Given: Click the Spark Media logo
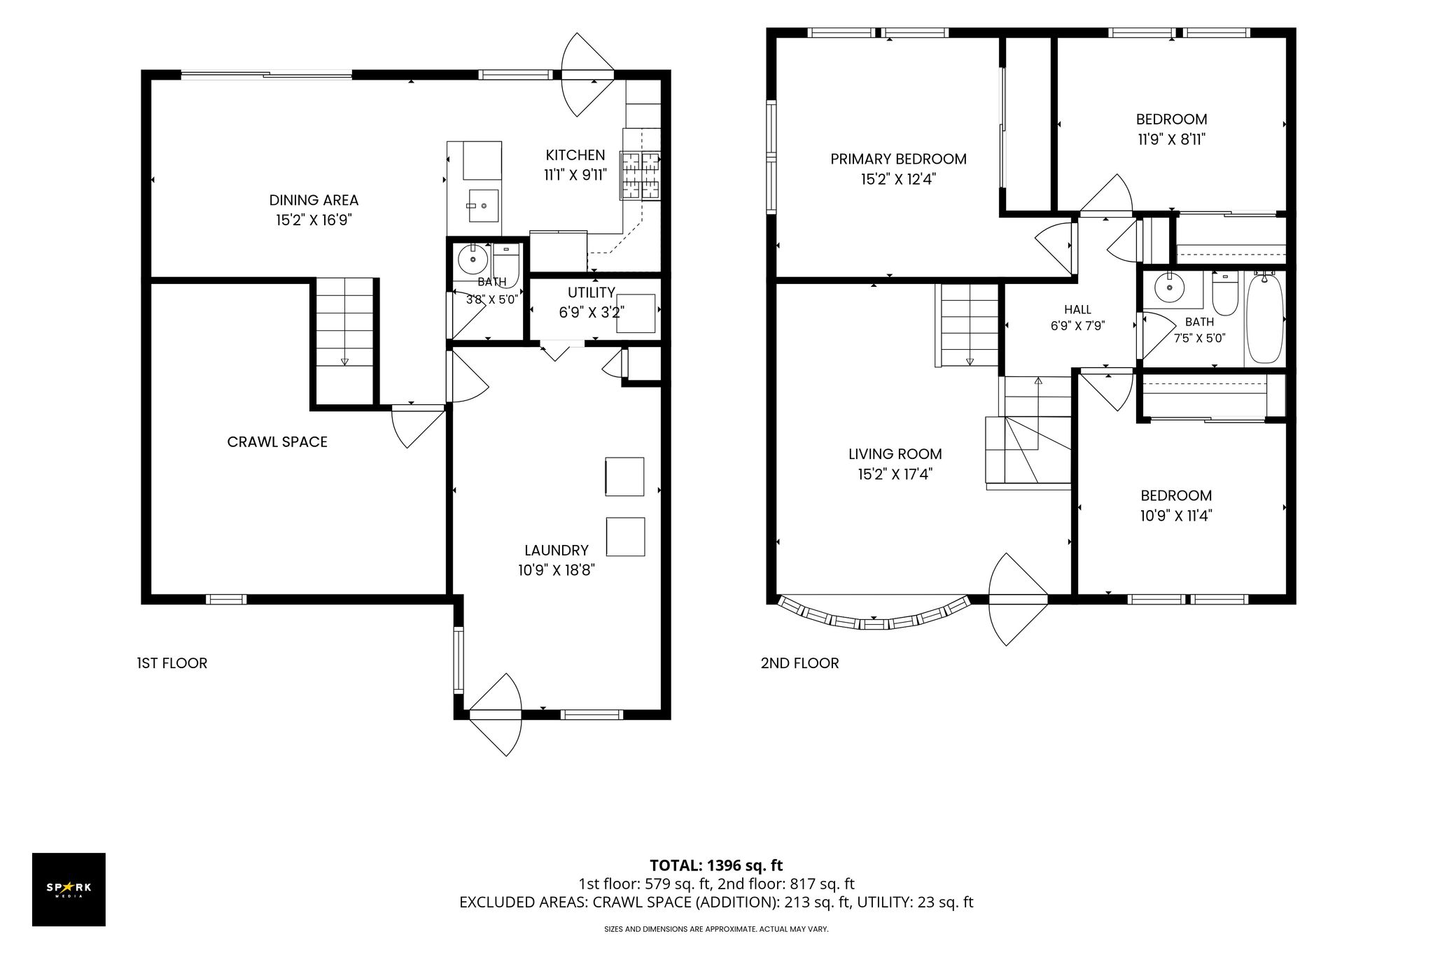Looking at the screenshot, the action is pos(69,889).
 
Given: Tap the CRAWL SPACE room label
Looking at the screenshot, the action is pos(277,442).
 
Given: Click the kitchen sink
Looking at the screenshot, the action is pos(483,205).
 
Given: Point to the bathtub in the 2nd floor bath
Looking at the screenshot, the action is pos(1265,319).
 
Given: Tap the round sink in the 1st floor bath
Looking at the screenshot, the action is pos(473,260).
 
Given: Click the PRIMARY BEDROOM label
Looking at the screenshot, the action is pos(898,160).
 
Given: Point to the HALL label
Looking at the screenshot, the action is pos(1077,309).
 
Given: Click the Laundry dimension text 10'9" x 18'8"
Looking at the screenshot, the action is pos(557,571).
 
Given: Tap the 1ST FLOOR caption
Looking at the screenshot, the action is pos(172,663).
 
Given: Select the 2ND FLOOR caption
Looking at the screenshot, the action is pos(799,663).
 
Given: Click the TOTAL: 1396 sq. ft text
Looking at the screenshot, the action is pos(716,866).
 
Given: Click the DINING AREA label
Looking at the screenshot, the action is pos(314,201).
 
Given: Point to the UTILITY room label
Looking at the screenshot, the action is pos(592,292).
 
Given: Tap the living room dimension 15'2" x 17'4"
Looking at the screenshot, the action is pos(895,474).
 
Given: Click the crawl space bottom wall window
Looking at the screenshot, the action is pos(226,599).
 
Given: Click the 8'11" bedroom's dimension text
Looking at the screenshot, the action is pos(1171,139).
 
